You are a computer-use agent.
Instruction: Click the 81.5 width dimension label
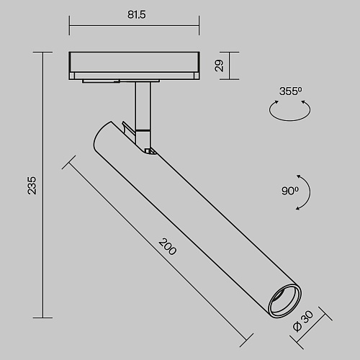(136, 14)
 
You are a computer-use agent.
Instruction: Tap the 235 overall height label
(32, 186)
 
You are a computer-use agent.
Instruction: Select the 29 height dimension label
(219, 66)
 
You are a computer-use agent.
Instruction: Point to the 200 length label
(168, 246)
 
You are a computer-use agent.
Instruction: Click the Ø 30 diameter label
(303, 321)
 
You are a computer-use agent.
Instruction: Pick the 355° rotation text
(291, 91)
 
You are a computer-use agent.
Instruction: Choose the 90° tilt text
(290, 191)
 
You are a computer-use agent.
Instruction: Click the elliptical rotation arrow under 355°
(289, 120)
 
